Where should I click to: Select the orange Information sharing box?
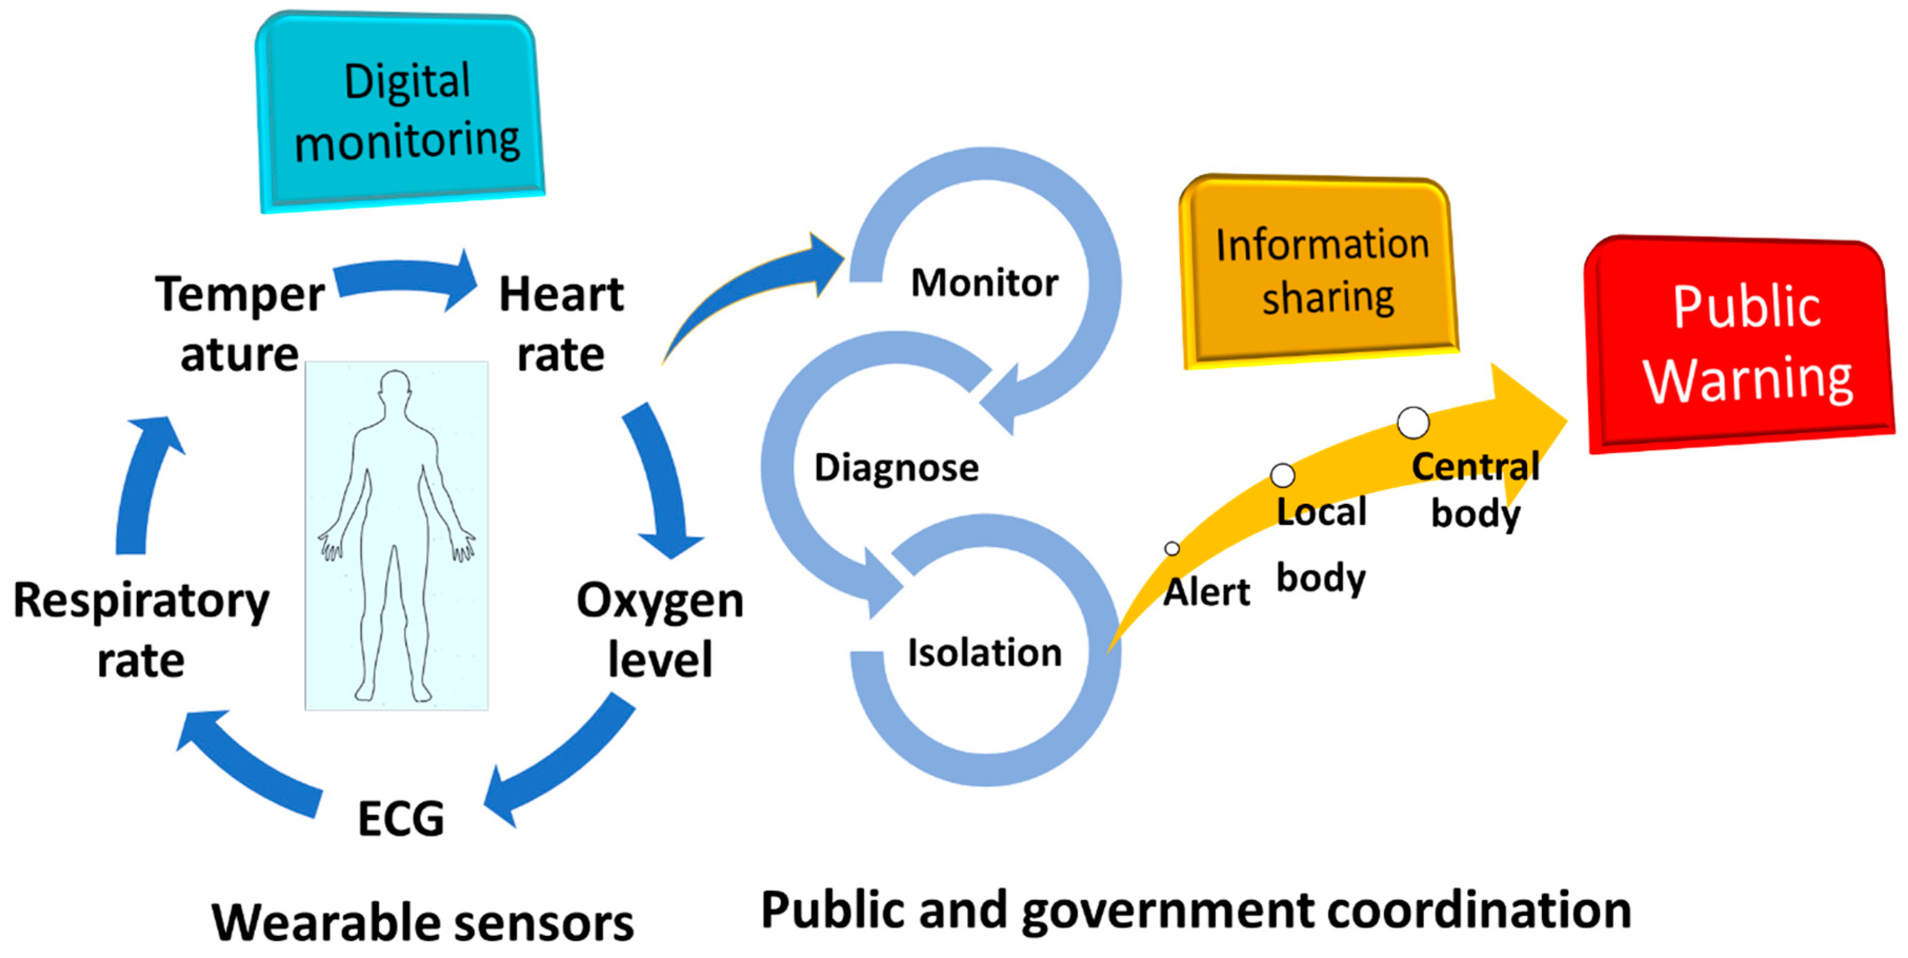coord(1318,271)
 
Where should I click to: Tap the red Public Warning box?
coord(1741,345)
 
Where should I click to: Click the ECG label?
coord(401,819)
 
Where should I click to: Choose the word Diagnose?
coord(896,467)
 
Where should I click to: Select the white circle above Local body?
coord(1282,475)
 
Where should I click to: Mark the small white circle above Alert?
coord(1172,548)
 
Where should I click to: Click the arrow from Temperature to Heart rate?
coord(407,280)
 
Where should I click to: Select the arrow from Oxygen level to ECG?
coord(563,763)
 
